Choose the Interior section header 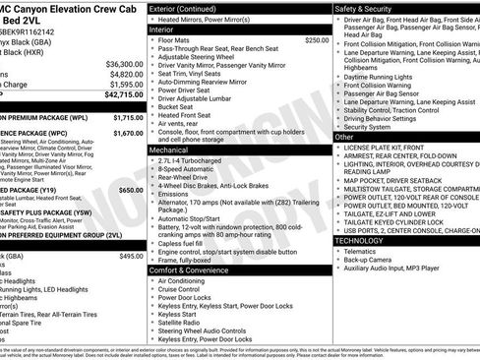click(168, 30)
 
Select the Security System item click(368, 126)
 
